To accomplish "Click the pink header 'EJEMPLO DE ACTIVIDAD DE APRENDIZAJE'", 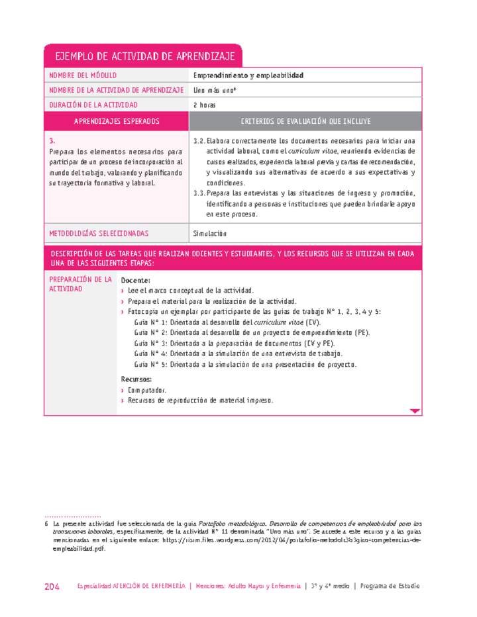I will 142,56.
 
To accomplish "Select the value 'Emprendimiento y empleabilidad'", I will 248,75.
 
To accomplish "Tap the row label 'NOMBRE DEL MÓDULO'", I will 87,75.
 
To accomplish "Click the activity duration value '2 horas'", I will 204,105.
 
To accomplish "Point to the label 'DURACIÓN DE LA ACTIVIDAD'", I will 94,105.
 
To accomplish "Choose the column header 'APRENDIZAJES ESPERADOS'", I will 117,121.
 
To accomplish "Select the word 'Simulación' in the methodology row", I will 209,234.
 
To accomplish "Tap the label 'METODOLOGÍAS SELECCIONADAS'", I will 99,234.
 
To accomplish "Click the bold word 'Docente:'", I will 136,281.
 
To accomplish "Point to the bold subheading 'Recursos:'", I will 136,379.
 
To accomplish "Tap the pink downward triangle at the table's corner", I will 415,411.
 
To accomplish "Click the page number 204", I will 52,587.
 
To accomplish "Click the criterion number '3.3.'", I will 198,193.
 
